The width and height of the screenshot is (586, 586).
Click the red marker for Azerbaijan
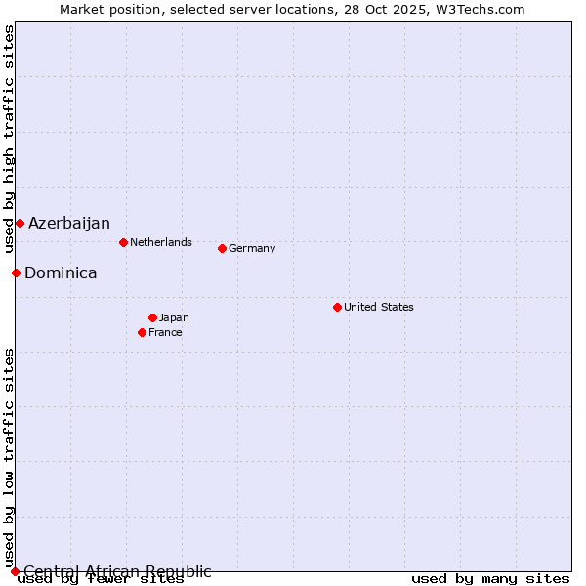(20, 223)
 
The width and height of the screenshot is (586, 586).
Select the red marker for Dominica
(16, 272)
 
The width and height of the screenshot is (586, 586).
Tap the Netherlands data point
(123, 242)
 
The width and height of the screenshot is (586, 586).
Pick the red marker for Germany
(222, 248)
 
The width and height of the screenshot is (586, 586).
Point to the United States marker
(337, 307)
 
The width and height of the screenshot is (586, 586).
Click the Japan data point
(152, 317)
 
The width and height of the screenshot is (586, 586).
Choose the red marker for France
(142, 332)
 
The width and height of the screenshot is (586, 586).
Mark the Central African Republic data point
(15, 571)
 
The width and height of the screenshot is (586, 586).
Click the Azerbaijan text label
(69, 223)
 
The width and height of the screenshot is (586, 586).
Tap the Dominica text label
(61, 272)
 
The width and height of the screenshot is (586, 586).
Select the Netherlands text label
(161, 242)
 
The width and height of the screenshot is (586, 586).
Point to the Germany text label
(252, 248)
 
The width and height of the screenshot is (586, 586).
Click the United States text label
(379, 307)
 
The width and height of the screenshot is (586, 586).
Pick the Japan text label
(174, 317)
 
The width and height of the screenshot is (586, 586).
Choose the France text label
(165, 332)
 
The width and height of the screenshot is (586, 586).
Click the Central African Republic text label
(117, 571)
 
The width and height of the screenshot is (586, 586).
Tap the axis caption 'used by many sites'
(490, 579)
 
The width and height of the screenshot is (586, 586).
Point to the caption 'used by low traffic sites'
(9, 457)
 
